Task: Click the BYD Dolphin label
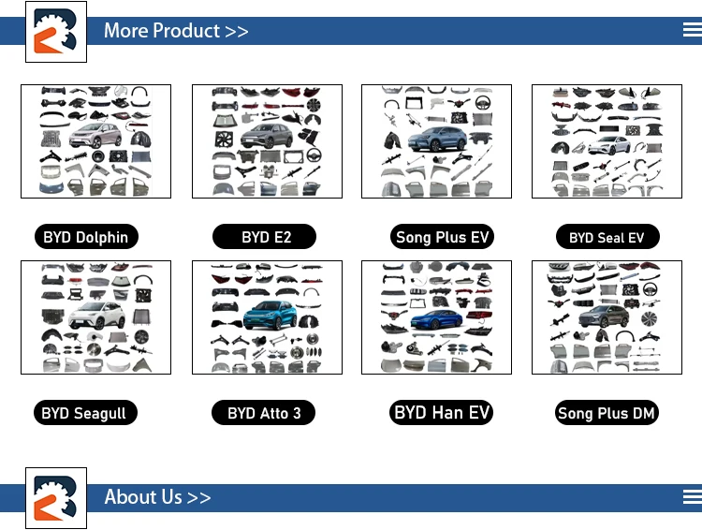[85, 237]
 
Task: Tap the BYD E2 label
[266, 237]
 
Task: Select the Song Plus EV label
[442, 237]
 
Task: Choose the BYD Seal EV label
[607, 237]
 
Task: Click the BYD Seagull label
[83, 413]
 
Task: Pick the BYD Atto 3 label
[264, 413]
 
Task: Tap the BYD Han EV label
[442, 412]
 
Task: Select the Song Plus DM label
[607, 413]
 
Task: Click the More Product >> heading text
[176, 31]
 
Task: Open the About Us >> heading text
[157, 497]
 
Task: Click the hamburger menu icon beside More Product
[692, 30]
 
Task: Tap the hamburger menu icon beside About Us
[692, 496]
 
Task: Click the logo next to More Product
[55, 31]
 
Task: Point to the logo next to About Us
[55, 497]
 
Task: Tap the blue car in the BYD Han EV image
[436, 319]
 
